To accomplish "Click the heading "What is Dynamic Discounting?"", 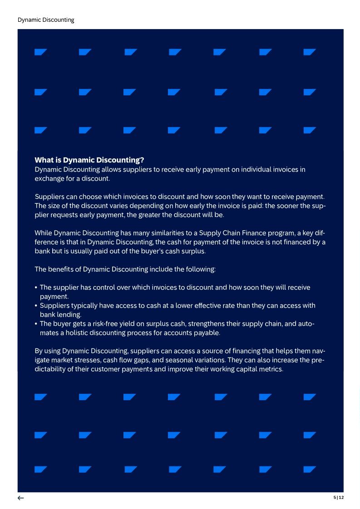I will (89, 160).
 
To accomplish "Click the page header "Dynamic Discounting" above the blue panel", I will (46, 20).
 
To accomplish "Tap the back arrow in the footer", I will (21, 498).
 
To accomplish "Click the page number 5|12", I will (339, 498).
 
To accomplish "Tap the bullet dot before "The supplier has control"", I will (36, 288).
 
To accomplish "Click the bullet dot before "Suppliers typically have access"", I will (36, 306).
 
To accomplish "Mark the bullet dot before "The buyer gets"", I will (36, 324).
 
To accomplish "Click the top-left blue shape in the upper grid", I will (40, 52).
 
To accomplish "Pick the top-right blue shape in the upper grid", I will (309, 52).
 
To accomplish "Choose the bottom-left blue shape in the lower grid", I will (40, 469).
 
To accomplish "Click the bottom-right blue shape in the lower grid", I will (309, 469).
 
